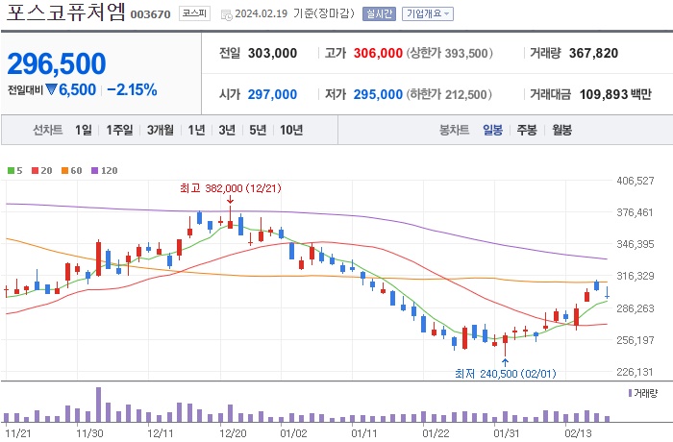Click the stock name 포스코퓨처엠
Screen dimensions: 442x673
[64, 13]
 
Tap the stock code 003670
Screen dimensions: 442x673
[151, 15]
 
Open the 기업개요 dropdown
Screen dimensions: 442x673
[427, 15]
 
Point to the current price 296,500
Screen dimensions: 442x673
[57, 63]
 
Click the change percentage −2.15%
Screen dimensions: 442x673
[132, 89]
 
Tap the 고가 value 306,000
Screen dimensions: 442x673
[377, 54]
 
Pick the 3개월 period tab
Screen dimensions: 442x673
[161, 130]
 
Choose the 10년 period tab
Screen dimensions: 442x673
[290, 130]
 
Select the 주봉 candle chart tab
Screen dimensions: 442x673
[526, 130]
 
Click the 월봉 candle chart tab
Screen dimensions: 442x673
[561, 130]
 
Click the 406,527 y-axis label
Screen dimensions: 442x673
[635, 181]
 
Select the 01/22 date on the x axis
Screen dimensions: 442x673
[436, 432]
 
